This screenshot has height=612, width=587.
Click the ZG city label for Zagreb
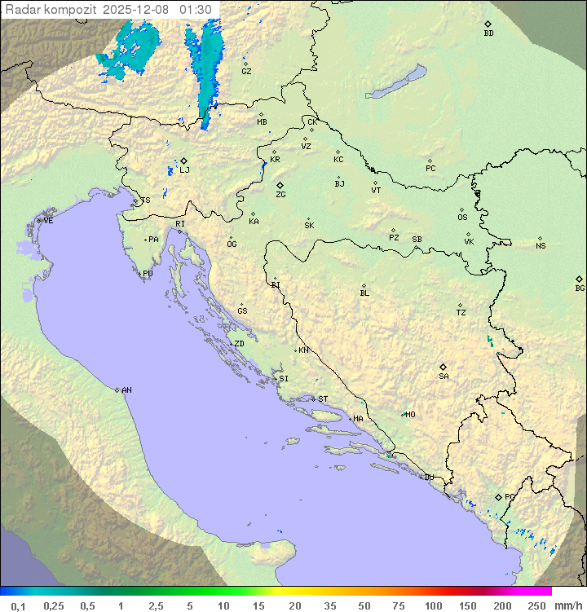click(x=280, y=195)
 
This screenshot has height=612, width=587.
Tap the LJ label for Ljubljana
click(x=184, y=170)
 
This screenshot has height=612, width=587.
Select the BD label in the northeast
click(x=488, y=33)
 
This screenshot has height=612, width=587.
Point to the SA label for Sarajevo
click(x=444, y=376)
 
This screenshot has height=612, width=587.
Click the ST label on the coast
click(x=323, y=399)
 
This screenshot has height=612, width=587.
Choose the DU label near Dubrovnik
click(x=428, y=478)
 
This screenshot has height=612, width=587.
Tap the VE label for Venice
click(x=48, y=221)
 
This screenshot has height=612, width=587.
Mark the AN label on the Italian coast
click(x=126, y=390)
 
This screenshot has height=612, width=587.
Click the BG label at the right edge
click(x=580, y=288)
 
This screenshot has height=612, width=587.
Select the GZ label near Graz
click(x=246, y=71)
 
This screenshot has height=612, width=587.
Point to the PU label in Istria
click(x=148, y=274)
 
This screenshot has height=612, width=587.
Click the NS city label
click(x=541, y=246)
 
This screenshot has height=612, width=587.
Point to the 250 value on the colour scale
click(x=536, y=605)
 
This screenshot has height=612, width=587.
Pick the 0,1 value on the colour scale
click(x=18, y=605)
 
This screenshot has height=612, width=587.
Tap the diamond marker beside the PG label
click(x=499, y=496)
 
